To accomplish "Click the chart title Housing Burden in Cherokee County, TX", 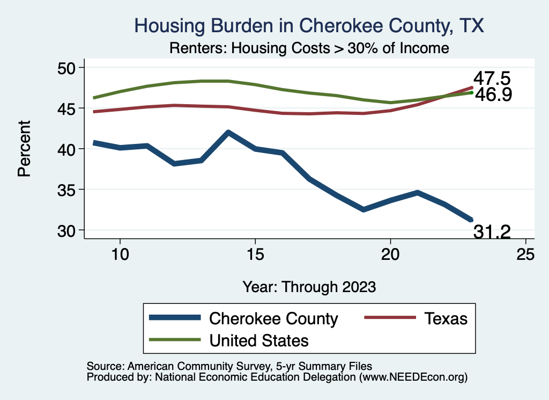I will (310, 25).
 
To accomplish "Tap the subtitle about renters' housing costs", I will (309, 48).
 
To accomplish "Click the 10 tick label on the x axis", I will (120, 254).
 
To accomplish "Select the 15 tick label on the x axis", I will (255, 254).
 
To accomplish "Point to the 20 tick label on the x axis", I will (390, 254).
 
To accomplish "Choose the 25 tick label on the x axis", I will (525, 254).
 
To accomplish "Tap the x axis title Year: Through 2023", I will (309, 286).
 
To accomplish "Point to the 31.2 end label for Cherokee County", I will (491, 232).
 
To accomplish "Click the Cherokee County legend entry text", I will (273, 318).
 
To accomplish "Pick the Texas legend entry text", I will (446, 318).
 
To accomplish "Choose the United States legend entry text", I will (259, 340).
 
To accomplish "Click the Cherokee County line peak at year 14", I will (228, 132).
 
